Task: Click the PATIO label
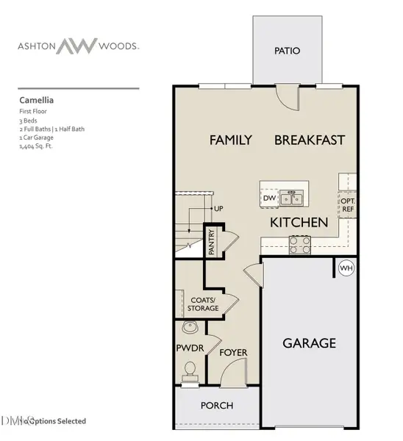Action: tap(287, 51)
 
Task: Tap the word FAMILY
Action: tap(231, 140)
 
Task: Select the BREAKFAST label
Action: tap(310, 140)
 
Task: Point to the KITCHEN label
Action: tap(299, 222)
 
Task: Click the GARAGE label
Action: tap(309, 343)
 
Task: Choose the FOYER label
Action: tap(233, 353)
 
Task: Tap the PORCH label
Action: tap(217, 405)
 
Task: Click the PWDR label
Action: tap(189, 347)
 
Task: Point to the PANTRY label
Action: tap(211, 241)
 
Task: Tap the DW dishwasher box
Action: tap(268, 198)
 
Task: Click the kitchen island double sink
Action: tap(292, 198)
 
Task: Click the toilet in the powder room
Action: tap(190, 370)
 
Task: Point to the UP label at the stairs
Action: tap(218, 209)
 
